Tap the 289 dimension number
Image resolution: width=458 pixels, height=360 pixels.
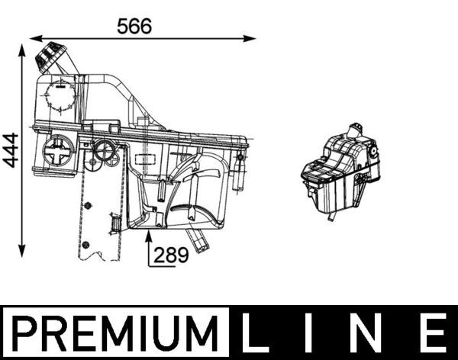coord(172,256)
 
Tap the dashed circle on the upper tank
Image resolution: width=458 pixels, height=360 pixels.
coord(59,97)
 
